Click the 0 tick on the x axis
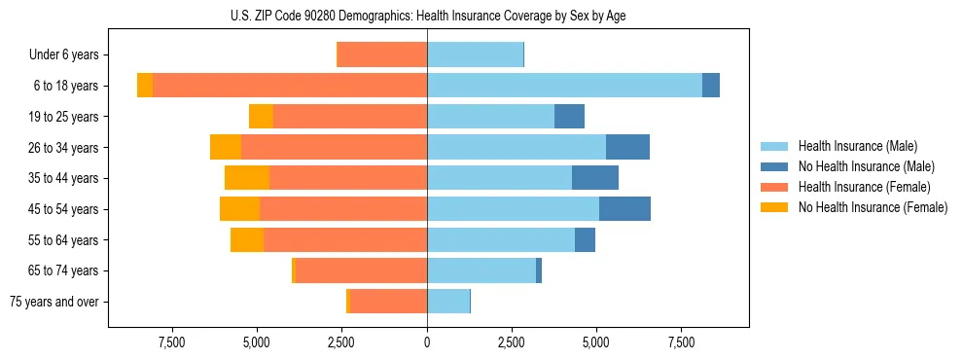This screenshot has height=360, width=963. [427, 342]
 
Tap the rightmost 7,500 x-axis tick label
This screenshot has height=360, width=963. [681, 342]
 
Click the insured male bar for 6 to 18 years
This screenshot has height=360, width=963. [564, 86]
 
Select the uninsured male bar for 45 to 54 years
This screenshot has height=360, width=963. [624, 209]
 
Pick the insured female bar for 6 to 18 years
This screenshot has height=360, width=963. [290, 86]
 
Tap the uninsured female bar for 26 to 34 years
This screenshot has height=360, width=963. [226, 148]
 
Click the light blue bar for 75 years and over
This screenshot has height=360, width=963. [448, 302]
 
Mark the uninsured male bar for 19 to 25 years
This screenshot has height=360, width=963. [569, 117]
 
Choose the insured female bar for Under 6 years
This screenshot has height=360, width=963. [382, 55]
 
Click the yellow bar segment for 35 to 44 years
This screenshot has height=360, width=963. [247, 178]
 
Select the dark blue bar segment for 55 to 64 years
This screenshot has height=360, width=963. [585, 240]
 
